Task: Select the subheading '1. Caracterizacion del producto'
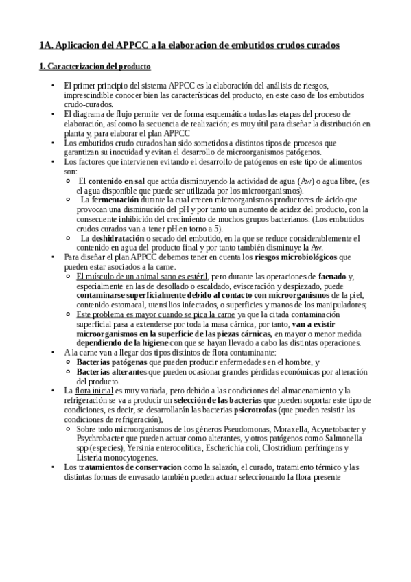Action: tap(95, 67)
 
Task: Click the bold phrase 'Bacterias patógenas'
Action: tap(112, 361)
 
